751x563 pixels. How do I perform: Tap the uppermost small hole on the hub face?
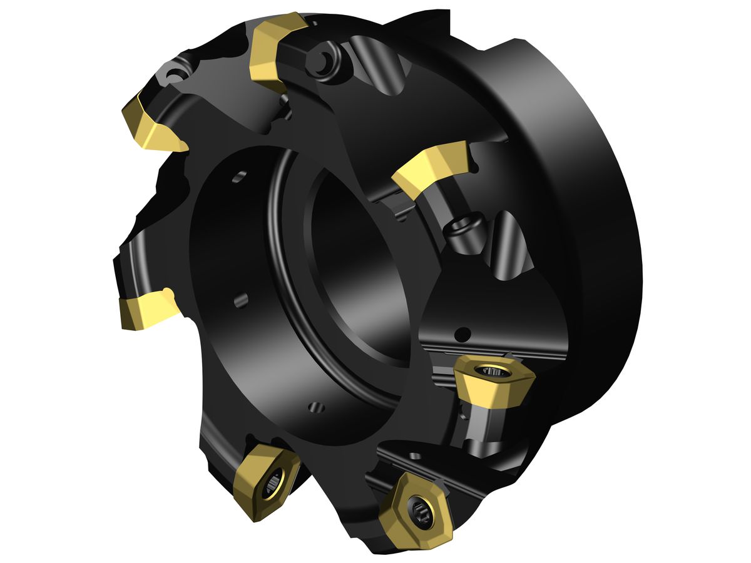(238, 179)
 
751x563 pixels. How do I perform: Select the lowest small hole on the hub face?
(317, 407)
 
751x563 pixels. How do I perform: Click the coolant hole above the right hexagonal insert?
(463, 332)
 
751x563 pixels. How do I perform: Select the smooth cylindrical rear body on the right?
(582, 219)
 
